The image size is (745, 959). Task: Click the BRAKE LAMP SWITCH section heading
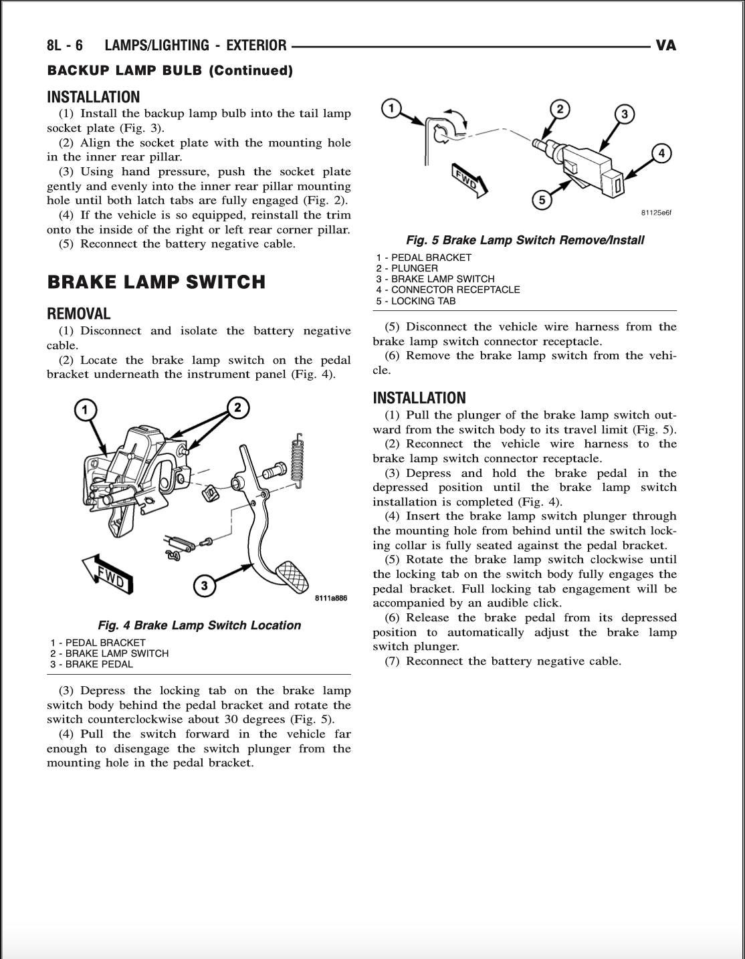[x=156, y=282]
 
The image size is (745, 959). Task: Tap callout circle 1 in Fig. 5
[x=391, y=108]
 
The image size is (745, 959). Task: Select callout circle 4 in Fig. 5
[x=661, y=153]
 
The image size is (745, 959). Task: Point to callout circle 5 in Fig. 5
[x=542, y=199]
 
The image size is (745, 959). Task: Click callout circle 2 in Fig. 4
[x=237, y=407]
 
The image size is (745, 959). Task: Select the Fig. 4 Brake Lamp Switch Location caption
[x=199, y=625]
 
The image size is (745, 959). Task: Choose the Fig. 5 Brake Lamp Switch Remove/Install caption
[x=525, y=240]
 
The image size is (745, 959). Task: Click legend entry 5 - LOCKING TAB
[x=415, y=301]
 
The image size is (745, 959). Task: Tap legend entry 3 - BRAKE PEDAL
[x=92, y=664]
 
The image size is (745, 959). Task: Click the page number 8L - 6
[x=65, y=45]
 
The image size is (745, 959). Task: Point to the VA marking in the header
[x=665, y=45]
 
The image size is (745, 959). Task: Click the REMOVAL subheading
[x=79, y=314]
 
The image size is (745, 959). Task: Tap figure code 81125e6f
[x=655, y=213]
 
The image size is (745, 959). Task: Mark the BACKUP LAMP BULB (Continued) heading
[x=170, y=71]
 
